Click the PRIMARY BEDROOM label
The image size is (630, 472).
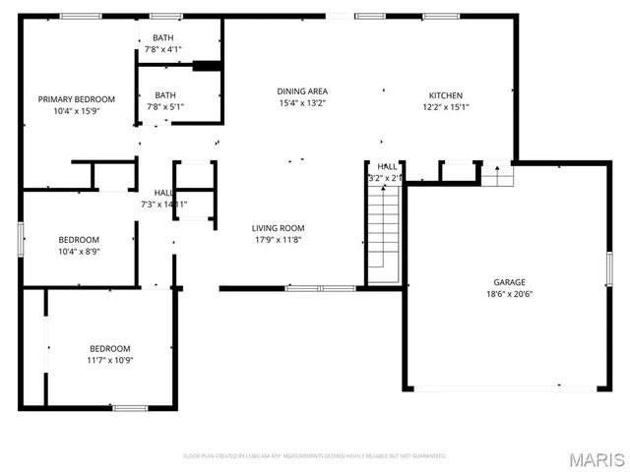(77, 99)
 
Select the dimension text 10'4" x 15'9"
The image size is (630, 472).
(77, 111)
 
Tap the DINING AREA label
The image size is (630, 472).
(301, 91)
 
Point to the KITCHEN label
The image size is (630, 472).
(443, 95)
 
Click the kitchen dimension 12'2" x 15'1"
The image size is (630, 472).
(445, 107)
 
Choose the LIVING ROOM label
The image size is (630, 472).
(278, 228)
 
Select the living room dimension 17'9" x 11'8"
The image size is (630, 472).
(278, 240)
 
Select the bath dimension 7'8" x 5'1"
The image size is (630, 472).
(164, 107)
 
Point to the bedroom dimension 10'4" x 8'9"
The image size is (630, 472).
(79, 252)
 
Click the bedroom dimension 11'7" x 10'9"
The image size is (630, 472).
(110, 360)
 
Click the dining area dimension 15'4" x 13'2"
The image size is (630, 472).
(301, 103)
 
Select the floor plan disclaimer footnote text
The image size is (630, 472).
(315, 456)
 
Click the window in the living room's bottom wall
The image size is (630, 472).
(321, 288)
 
